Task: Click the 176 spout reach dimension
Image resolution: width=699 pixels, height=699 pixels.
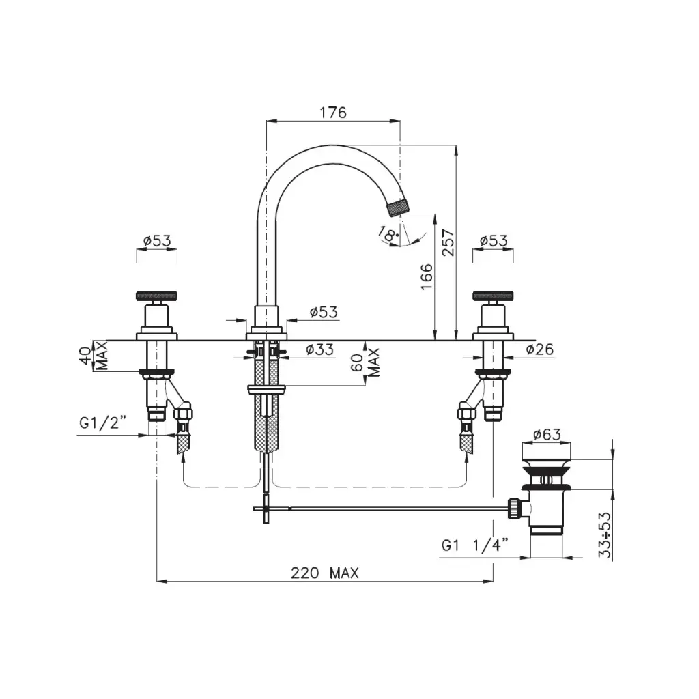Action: click(333, 113)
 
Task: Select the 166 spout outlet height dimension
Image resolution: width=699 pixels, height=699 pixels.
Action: click(427, 276)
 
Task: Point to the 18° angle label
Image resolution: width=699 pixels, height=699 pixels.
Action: click(388, 233)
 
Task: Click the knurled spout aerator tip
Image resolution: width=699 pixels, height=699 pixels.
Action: click(399, 208)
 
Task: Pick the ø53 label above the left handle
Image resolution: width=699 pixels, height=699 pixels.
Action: click(157, 241)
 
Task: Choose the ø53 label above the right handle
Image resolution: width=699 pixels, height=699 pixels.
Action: click(494, 241)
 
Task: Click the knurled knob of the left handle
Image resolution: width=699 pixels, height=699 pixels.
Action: click(157, 296)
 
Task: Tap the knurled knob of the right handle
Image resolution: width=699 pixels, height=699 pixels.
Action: click(493, 296)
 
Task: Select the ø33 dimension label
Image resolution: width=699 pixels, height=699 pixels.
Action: click(319, 349)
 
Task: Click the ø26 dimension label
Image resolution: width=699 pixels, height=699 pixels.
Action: click(540, 349)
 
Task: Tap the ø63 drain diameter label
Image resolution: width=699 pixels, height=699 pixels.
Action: click(547, 433)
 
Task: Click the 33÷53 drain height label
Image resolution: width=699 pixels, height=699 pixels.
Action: click(605, 534)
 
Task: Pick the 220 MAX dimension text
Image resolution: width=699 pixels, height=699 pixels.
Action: click(324, 573)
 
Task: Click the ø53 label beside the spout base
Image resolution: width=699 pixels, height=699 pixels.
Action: click(324, 312)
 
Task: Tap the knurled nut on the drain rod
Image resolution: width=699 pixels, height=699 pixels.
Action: click(515, 509)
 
